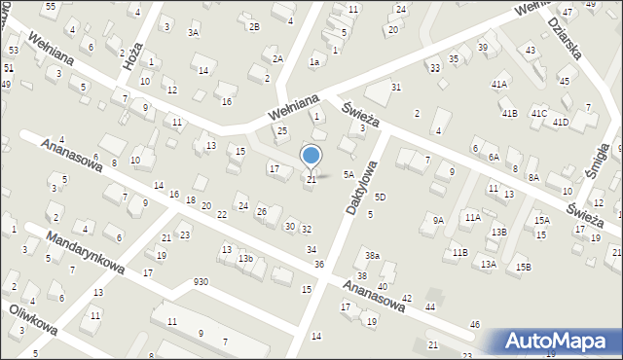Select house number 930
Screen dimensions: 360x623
click(201, 281)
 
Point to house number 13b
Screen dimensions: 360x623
click(246, 258)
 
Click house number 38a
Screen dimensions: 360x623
click(372, 256)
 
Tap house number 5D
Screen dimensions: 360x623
click(381, 198)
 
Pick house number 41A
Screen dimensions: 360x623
click(499, 85)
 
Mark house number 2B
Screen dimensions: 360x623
click(254, 26)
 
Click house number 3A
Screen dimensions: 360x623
click(194, 33)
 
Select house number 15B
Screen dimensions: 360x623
click(524, 267)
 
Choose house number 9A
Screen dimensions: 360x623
click(438, 220)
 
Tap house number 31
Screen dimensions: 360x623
click(396, 88)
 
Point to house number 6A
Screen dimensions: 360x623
click(494, 157)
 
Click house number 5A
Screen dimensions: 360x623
click(348, 175)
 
